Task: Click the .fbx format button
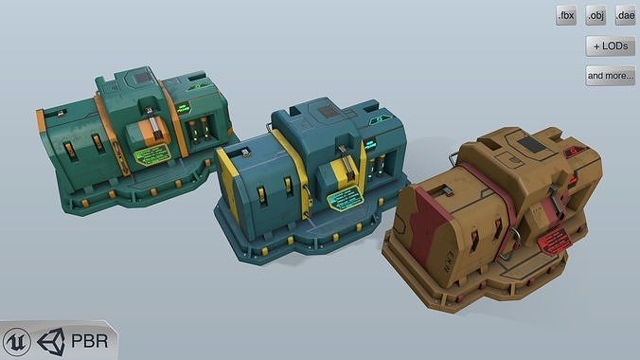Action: coord(566,15)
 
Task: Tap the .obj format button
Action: coord(596,15)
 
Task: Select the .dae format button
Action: coord(625,15)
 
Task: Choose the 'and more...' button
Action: coord(610,75)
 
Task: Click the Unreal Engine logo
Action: coord(17,342)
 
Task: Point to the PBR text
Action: coord(90,342)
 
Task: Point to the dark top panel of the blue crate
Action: coord(329,113)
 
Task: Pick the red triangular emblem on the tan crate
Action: coord(569,152)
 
